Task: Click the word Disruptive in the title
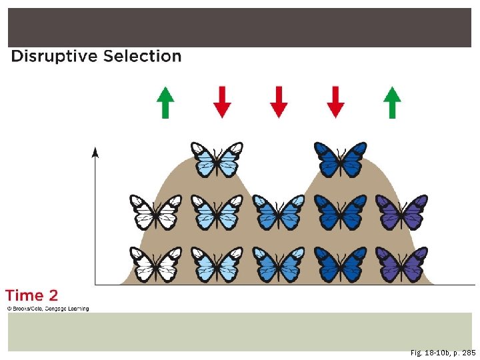pos(54,57)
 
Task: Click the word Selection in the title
pos(142,57)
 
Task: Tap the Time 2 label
pos(31,295)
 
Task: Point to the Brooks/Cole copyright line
pos(47,309)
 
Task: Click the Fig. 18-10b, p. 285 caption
pos(443,353)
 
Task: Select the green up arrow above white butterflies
pos(165,103)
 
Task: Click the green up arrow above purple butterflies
pos(393,103)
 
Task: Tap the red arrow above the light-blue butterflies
pos(222,103)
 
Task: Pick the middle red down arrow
pos(279,103)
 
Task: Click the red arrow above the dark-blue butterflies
pos(336,103)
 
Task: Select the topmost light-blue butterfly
pos(216,159)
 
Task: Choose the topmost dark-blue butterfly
pos(340,159)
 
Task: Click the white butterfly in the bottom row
pos(155,264)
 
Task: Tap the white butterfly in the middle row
pos(155,212)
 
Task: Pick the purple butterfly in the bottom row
pos(401,264)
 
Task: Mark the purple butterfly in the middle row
pos(401,212)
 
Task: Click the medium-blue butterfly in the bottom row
pos(278,264)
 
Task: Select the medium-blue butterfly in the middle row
pos(278,212)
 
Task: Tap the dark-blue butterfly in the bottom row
pos(340,264)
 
